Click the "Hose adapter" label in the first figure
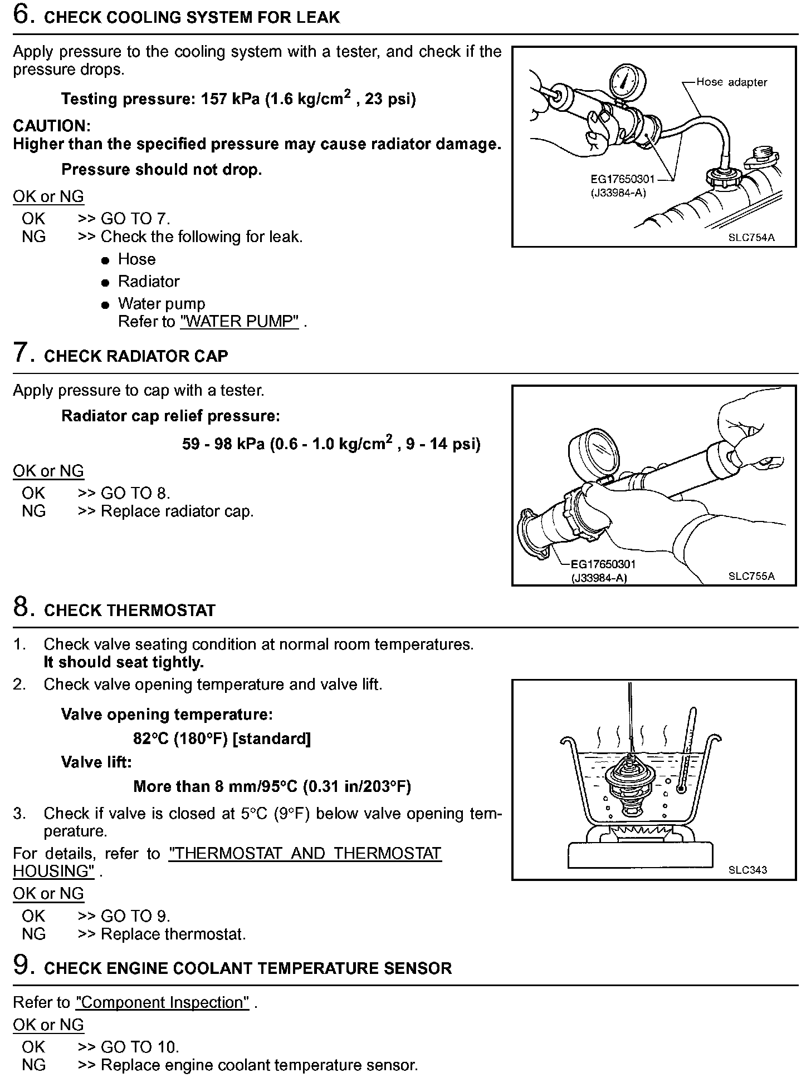[731, 82]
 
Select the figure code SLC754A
[751, 238]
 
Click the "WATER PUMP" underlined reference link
[240, 322]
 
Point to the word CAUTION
[51, 126]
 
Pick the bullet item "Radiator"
[148, 282]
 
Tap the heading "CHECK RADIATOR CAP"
[136, 357]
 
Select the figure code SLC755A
[751, 576]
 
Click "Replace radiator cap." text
[177, 511]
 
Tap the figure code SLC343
[748, 870]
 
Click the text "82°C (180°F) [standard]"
[222, 739]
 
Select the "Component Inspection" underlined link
[163, 1002]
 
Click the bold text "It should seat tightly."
[124, 662]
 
